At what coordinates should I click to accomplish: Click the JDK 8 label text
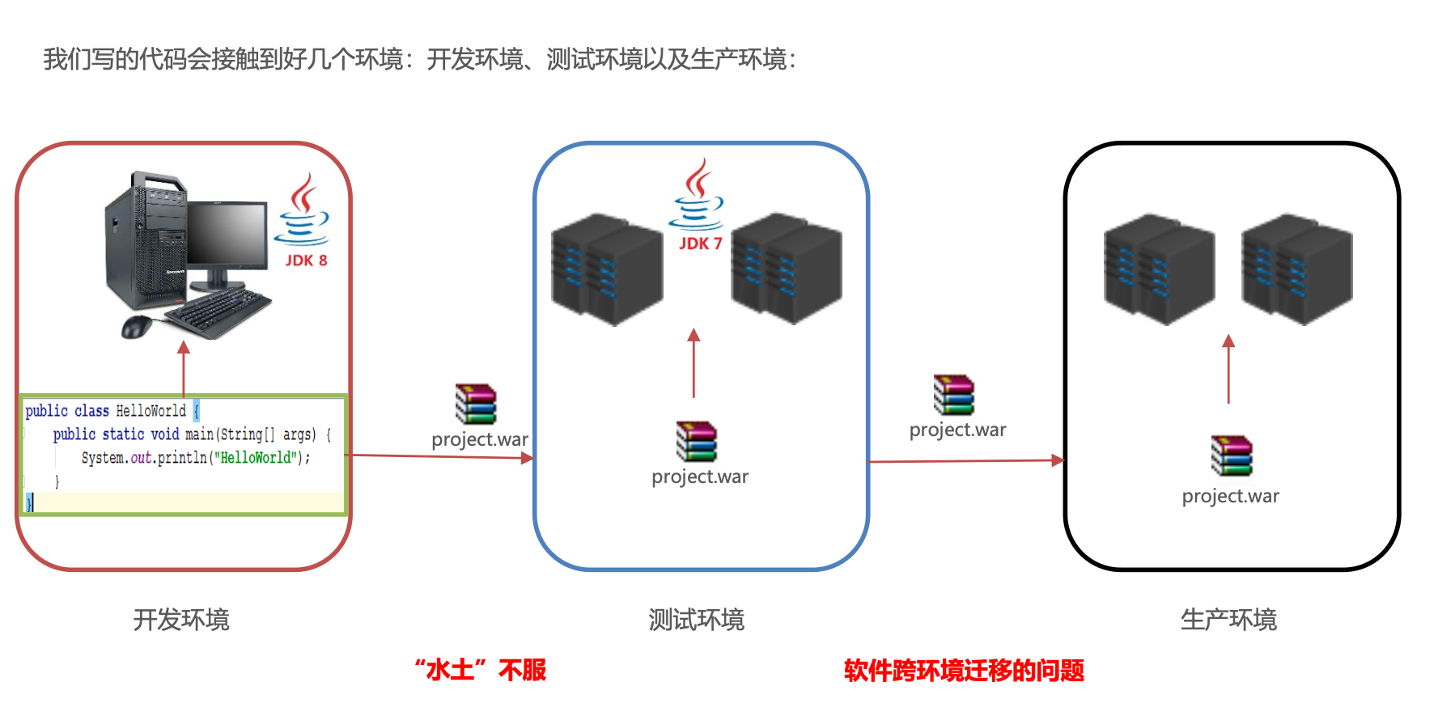(x=306, y=260)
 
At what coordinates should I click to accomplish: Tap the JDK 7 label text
(x=700, y=244)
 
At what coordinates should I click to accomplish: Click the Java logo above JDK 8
(x=303, y=211)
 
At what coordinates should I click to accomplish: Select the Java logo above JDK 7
(x=696, y=194)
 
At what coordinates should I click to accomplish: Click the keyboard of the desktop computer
(x=217, y=312)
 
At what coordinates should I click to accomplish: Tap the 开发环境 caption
(x=181, y=620)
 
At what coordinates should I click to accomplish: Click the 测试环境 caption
(x=696, y=620)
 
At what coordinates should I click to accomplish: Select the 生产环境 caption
(x=1228, y=620)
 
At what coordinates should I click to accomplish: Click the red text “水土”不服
(x=481, y=670)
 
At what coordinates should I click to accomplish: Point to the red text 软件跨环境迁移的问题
(x=963, y=670)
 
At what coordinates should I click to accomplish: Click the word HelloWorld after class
(x=151, y=411)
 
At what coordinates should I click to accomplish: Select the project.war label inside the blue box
(x=700, y=476)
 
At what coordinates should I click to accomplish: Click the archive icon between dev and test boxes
(x=476, y=404)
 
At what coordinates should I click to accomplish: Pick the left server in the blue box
(x=606, y=269)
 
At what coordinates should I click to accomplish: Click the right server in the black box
(x=1296, y=269)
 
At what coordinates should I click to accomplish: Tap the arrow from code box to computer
(x=184, y=368)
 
